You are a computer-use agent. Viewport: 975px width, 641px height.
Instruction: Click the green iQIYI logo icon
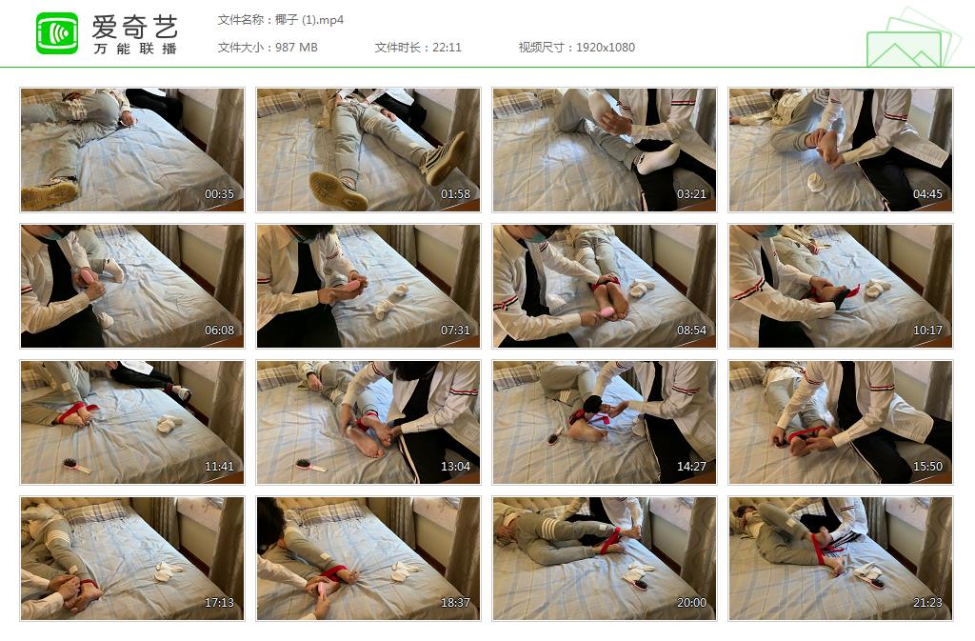[57, 33]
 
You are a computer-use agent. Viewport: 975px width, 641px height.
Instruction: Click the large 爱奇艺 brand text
[135, 27]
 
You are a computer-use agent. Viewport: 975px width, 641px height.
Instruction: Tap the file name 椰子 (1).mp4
[309, 20]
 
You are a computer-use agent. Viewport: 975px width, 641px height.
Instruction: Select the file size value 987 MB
[296, 48]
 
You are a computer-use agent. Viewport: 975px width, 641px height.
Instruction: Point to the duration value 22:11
[447, 48]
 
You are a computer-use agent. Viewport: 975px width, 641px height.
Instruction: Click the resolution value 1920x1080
[605, 48]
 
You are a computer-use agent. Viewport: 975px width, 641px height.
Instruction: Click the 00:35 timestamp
[220, 194]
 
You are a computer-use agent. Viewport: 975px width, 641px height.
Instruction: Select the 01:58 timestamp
[455, 194]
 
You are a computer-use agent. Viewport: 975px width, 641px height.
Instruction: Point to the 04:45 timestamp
[927, 194]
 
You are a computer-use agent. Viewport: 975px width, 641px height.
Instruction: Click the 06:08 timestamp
[220, 331]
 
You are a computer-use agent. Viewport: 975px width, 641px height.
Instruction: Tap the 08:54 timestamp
[691, 331]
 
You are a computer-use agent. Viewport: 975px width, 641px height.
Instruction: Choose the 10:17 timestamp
[927, 331]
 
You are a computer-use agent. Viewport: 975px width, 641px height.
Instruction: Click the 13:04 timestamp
[455, 467]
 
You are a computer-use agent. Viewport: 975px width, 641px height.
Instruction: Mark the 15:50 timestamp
[927, 467]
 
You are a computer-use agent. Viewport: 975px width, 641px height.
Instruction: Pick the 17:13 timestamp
[220, 603]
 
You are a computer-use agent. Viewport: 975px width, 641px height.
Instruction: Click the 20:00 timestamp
[691, 603]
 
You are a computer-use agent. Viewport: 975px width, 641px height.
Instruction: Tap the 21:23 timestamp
[927, 603]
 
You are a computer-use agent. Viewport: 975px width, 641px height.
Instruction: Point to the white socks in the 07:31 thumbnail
[391, 302]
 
